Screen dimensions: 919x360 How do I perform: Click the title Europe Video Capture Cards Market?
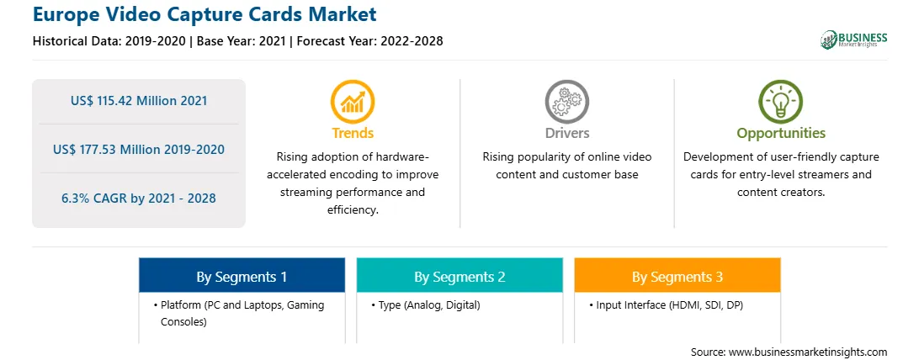click(205, 14)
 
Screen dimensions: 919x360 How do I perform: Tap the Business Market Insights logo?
click(853, 40)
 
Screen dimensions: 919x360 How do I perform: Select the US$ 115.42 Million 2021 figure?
click(139, 101)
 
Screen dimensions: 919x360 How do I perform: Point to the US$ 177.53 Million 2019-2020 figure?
click(139, 149)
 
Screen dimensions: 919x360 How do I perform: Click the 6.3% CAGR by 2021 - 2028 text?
click(139, 199)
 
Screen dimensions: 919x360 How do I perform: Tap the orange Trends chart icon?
click(353, 102)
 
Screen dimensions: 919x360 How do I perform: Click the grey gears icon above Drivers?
click(566, 102)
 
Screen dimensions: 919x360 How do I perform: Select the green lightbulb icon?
click(781, 102)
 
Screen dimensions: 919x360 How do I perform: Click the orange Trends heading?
click(353, 133)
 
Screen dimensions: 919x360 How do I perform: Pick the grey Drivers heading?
click(567, 133)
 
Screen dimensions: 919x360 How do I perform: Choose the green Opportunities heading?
click(781, 133)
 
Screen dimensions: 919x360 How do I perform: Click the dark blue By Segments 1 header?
click(242, 275)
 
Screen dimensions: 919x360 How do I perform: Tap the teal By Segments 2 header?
click(459, 275)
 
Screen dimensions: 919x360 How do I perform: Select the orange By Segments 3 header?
click(677, 275)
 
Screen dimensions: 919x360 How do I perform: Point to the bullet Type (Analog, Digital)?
click(426, 305)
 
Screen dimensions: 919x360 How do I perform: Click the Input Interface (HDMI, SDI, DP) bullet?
click(667, 305)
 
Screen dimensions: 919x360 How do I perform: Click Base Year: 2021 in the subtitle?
click(241, 41)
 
